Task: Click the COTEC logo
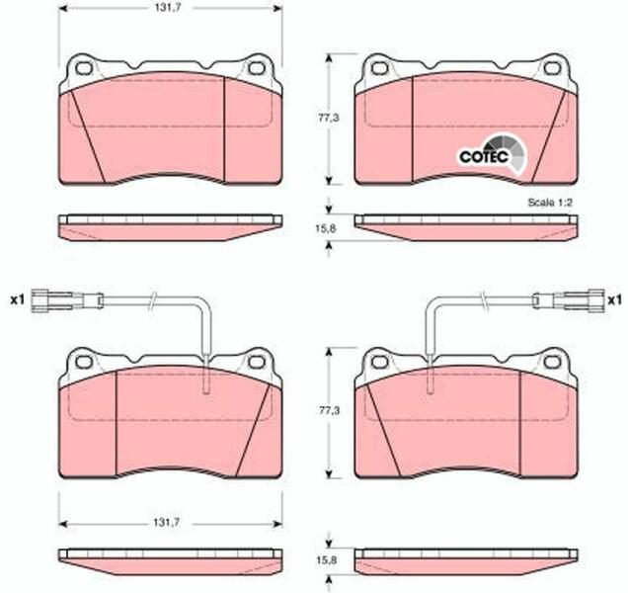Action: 492,155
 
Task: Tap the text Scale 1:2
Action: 550,203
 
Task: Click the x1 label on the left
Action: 17,299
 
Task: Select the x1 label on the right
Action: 614,299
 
